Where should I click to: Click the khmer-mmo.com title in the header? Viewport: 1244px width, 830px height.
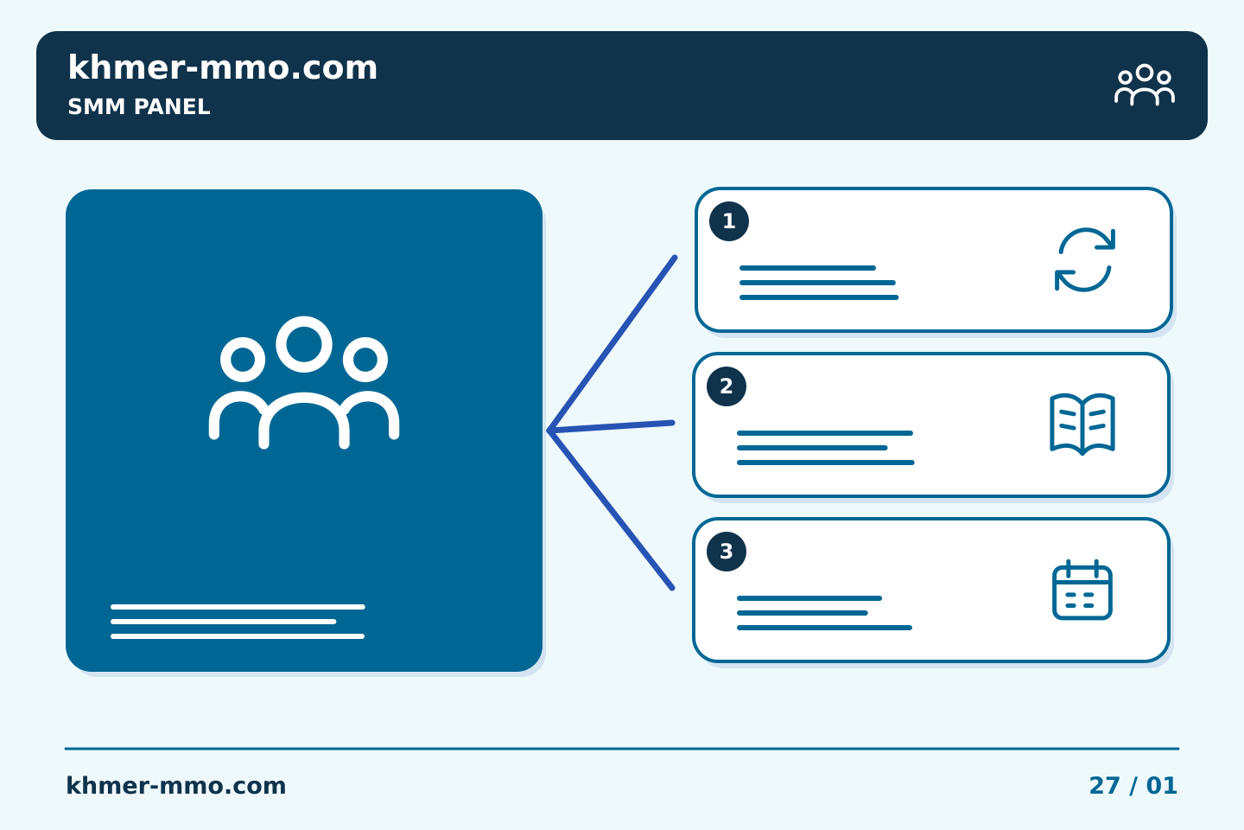coord(222,67)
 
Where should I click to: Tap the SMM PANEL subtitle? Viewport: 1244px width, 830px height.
coord(139,106)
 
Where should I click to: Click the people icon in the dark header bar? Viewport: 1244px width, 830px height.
coord(1144,85)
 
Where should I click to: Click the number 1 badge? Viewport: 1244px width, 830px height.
coord(728,221)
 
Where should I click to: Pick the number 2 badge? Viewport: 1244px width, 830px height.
coord(726,386)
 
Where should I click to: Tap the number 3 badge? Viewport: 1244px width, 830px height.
coord(726,552)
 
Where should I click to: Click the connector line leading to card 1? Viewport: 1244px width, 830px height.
coord(612,343)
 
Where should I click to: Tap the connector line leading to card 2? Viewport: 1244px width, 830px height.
coord(611,426)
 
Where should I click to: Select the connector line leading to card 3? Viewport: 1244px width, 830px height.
coord(611,509)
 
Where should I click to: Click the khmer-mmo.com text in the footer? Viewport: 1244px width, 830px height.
coord(175,786)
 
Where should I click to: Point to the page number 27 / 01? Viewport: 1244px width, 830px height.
coord(1133,786)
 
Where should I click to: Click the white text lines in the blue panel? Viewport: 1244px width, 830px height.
coord(238,622)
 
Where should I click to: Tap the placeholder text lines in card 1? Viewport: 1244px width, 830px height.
coord(819,283)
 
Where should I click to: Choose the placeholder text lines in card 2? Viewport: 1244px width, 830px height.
coord(825,448)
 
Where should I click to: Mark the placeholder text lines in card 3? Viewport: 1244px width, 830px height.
coord(824,613)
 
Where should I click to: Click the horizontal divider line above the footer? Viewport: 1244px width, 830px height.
coord(622,749)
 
